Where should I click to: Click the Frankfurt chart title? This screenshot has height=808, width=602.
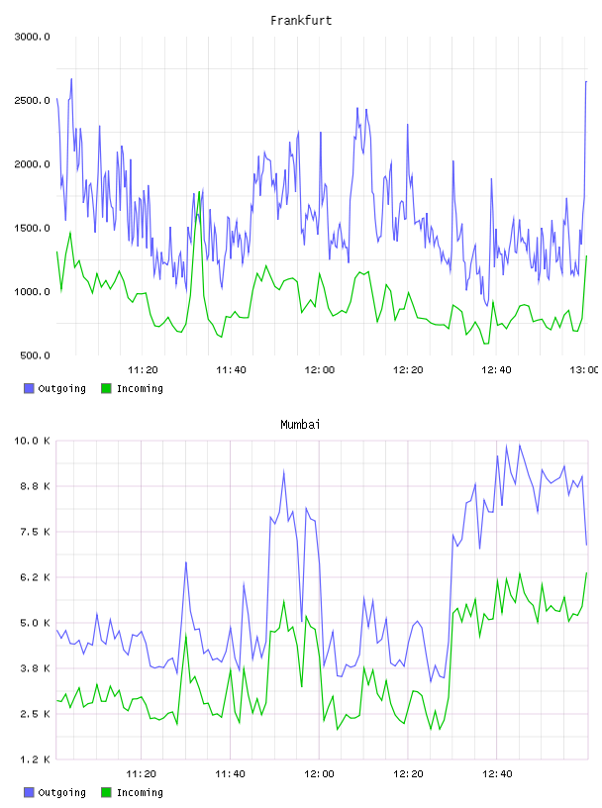pos(301,21)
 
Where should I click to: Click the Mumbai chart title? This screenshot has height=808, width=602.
pos(300,425)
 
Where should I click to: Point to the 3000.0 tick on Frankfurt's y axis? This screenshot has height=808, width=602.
pos(32,37)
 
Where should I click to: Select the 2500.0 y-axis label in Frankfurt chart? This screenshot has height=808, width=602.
pos(32,100)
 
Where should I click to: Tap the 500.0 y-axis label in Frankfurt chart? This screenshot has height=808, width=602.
pos(35,355)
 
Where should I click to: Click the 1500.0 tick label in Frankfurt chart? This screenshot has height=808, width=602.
pos(32,229)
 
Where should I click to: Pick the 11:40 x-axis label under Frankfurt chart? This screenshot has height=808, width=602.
pos(231,369)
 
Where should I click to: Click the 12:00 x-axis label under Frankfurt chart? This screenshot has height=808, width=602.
pos(320,369)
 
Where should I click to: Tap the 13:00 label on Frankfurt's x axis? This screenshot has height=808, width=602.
pos(584,369)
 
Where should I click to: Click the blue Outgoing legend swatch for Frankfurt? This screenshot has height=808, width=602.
pos(29,388)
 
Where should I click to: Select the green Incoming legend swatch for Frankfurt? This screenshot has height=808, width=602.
pos(106,388)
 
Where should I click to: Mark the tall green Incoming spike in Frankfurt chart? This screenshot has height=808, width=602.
pos(199,192)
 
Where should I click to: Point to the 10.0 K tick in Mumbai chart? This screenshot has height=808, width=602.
pos(32,441)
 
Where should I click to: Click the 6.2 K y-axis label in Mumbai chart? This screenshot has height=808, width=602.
pos(35,577)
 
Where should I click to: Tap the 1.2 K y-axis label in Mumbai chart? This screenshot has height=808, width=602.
pos(35,759)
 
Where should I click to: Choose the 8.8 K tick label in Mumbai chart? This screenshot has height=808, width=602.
pos(35,486)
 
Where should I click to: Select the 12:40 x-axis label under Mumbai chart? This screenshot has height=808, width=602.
pos(497,773)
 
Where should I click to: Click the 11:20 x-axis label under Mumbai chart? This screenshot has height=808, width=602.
pos(142,773)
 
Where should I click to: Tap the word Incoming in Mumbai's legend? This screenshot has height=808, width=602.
pos(140,792)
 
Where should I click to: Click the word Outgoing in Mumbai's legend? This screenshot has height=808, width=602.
pos(61,792)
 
